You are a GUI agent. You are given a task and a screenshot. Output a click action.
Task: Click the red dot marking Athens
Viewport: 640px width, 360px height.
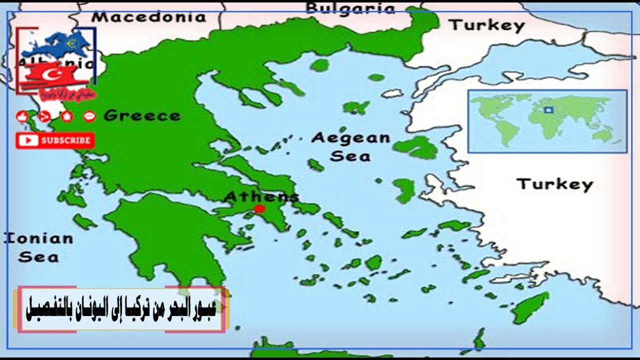(x=259, y=208)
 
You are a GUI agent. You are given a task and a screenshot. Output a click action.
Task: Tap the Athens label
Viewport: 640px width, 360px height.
(x=261, y=196)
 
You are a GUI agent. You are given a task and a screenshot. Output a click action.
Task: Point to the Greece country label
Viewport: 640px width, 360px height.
(x=142, y=116)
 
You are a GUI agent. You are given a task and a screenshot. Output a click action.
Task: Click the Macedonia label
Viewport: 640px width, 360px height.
(x=148, y=17)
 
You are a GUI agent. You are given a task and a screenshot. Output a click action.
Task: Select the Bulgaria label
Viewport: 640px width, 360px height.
(x=350, y=8)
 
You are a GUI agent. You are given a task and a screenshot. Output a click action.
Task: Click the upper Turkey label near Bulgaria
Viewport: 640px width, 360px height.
(x=487, y=25)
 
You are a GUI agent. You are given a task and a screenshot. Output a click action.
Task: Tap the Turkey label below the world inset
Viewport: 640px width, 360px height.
(x=554, y=184)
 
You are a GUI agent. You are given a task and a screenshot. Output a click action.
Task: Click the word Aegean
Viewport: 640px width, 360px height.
(x=350, y=138)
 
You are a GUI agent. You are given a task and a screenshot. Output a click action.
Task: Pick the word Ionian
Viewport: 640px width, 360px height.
(x=39, y=239)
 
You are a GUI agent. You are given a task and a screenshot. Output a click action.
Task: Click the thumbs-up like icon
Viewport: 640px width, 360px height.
(x=21, y=117)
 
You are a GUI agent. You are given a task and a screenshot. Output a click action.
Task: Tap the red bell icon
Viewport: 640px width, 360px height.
(x=66, y=117)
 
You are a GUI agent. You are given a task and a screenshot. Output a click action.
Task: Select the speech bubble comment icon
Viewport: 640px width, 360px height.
(x=89, y=117)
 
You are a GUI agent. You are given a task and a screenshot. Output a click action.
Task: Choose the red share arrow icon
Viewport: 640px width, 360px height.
(x=44, y=117)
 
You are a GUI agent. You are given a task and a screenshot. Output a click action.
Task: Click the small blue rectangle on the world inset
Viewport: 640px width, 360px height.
(x=548, y=109)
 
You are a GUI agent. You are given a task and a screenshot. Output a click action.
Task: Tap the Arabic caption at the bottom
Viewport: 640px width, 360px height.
(x=121, y=309)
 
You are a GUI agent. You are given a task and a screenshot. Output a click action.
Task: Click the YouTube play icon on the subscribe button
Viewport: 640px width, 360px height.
(x=28, y=140)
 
